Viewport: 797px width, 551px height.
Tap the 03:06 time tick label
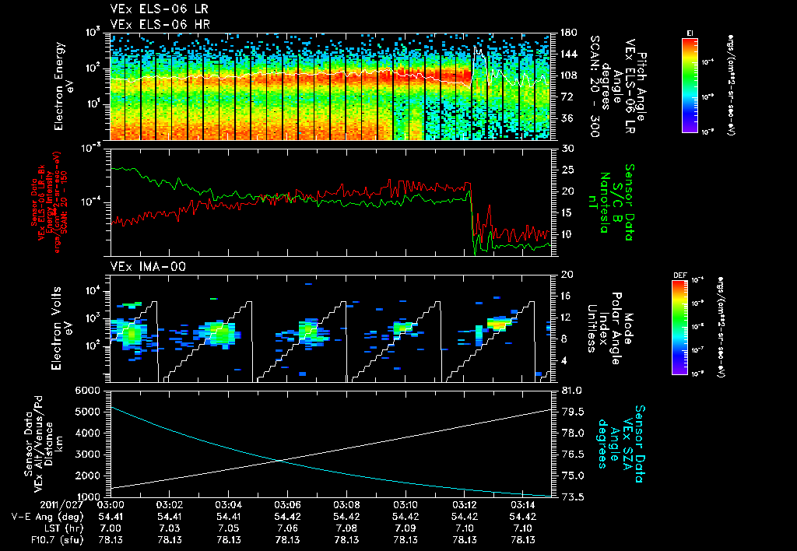click(x=287, y=505)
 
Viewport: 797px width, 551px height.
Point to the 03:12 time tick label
click(x=465, y=505)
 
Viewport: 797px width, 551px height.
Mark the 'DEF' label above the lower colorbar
click(x=689, y=275)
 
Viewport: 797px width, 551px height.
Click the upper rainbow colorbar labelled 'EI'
click(x=689, y=85)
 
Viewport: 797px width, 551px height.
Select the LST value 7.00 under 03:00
click(x=110, y=528)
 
